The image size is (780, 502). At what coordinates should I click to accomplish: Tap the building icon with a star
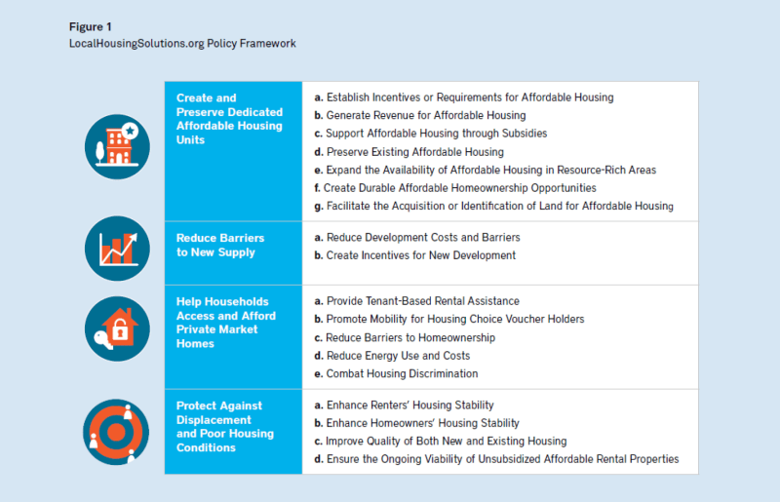tap(117, 146)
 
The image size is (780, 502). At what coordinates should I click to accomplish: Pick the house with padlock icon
tap(117, 328)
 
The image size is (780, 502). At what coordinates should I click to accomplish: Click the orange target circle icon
tap(117, 429)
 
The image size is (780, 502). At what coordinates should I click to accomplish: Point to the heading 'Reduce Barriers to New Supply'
tap(220, 245)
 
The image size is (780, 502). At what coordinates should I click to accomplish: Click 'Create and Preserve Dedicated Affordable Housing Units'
tap(229, 119)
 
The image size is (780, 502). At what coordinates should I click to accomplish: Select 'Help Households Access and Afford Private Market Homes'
tap(226, 323)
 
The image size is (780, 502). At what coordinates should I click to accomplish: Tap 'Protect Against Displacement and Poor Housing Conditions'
tap(225, 427)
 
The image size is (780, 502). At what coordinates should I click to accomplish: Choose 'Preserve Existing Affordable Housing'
tap(409, 152)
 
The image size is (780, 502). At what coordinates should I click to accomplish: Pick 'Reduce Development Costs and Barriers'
tap(416, 237)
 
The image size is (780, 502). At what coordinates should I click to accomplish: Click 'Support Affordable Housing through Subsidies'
tap(429, 134)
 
